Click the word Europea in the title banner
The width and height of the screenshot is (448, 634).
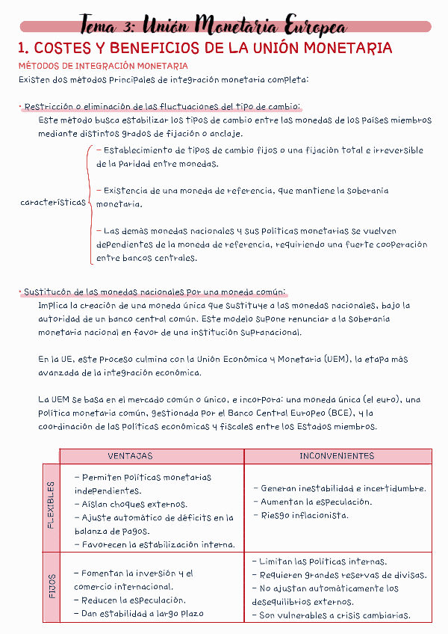(x=311, y=26)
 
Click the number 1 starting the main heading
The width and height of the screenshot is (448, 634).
(x=22, y=49)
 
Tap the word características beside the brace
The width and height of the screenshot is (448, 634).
(x=53, y=203)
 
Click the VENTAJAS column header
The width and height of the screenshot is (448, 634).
(x=130, y=456)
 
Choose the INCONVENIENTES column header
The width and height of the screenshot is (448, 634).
(x=337, y=456)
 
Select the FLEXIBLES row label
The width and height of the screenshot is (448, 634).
(x=51, y=505)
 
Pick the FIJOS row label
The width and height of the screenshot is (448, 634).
(x=51, y=586)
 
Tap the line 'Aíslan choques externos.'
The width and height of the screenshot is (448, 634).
(x=131, y=504)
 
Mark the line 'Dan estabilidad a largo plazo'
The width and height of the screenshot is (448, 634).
(x=139, y=614)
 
